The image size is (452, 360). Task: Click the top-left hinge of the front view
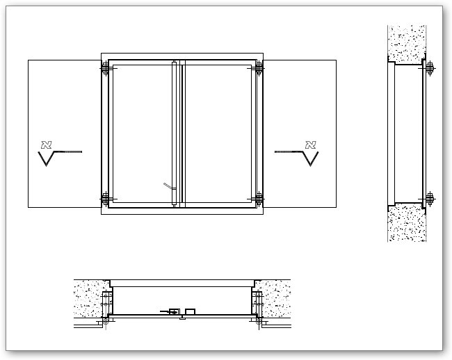click(x=105, y=69)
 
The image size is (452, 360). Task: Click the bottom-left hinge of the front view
click(x=105, y=199)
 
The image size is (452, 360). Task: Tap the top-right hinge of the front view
click(x=259, y=69)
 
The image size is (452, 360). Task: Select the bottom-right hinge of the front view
click(x=259, y=199)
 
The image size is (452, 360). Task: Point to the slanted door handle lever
click(x=167, y=186)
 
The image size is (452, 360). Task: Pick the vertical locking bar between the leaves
click(x=173, y=132)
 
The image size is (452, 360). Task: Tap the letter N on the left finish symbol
click(x=47, y=145)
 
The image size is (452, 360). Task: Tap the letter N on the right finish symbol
click(x=310, y=145)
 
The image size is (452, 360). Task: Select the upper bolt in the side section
click(x=429, y=68)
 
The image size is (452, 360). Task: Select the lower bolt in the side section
click(x=429, y=199)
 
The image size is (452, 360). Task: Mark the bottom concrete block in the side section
click(x=407, y=224)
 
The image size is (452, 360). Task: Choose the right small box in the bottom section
click(x=190, y=311)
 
